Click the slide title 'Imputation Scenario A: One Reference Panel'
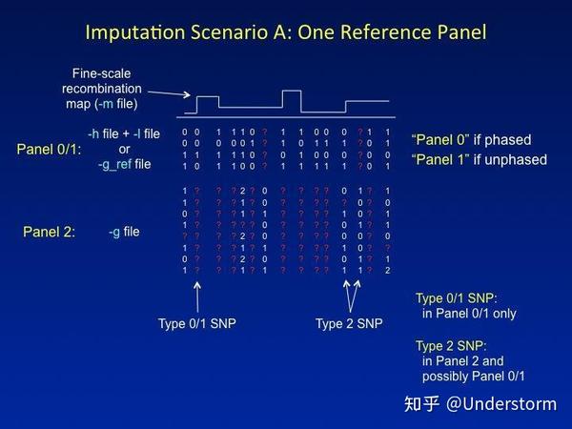tap(286, 31)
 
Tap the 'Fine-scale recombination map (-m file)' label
tap(109, 87)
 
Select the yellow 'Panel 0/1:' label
tap(50, 150)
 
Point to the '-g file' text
tap(125, 232)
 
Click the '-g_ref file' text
tap(124, 165)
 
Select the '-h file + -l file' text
tap(124, 133)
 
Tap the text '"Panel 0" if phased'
tap(471, 140)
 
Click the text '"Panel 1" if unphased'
tap(479, 159)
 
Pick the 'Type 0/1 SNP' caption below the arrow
tap(196, 323)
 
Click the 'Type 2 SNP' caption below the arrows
tap(349, 323)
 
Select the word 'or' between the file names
tap(124, 150)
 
